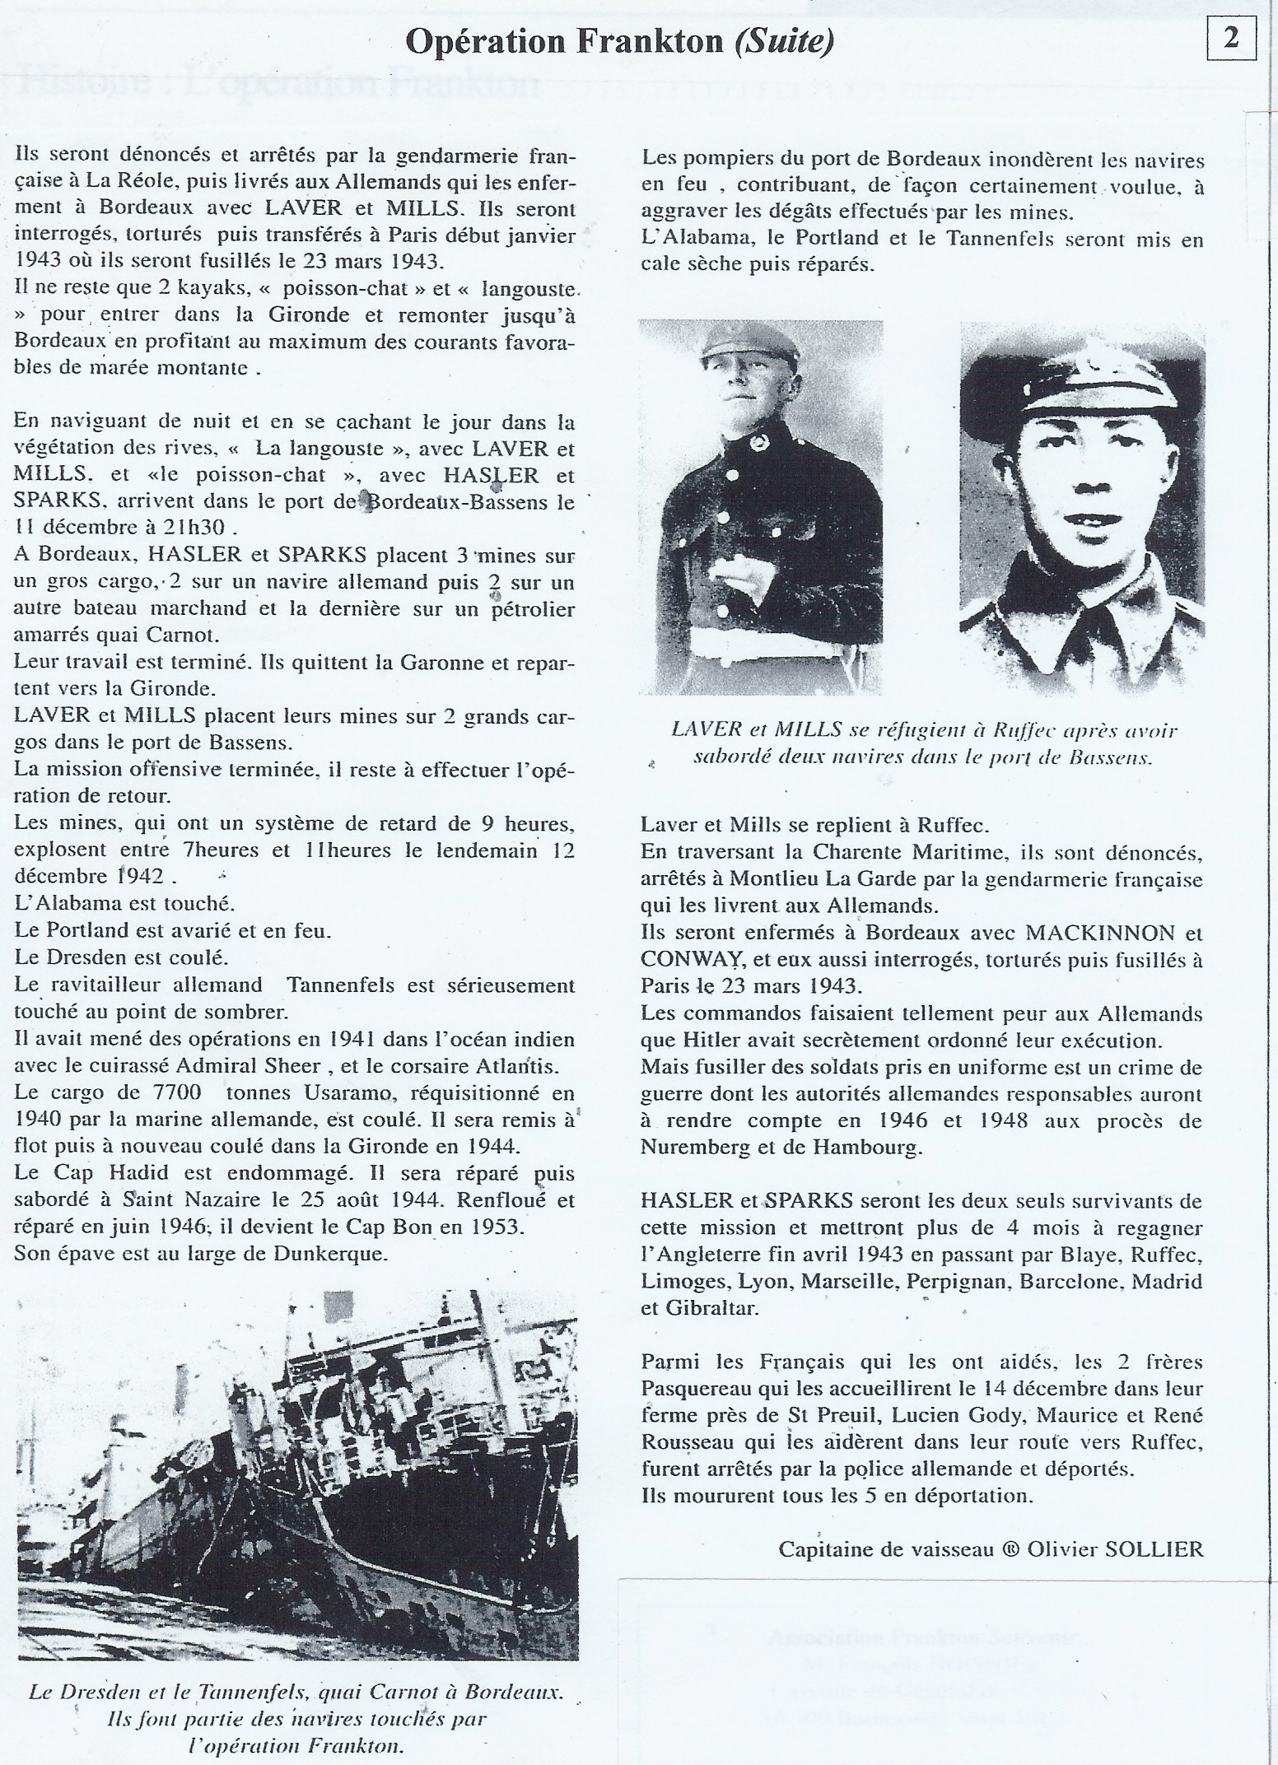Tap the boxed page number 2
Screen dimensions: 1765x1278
[1231, 40]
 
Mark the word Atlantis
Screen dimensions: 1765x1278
[521, 1066]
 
